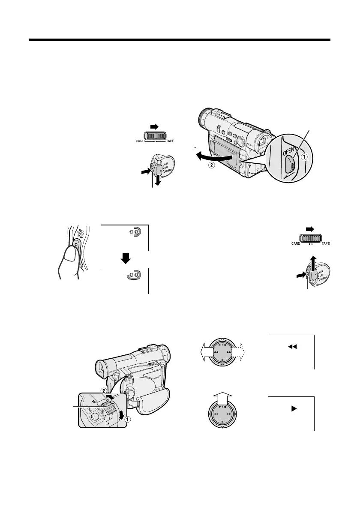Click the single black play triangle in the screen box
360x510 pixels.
(x=294, y=408)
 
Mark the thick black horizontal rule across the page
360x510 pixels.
(x=180, y=41)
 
